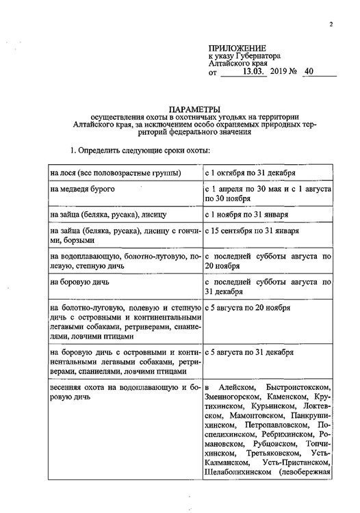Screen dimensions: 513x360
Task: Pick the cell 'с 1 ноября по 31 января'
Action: (x=250, y=214)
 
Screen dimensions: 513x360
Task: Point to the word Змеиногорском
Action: (x=234, y=396)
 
